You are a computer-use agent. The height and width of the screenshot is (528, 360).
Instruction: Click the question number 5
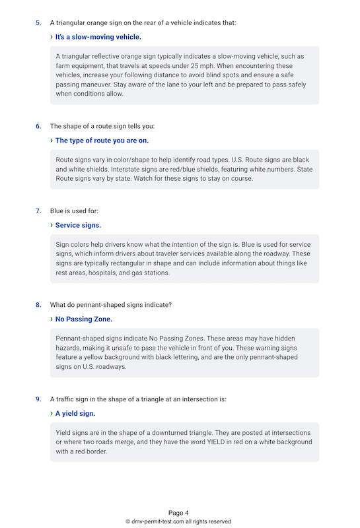click(38, 23)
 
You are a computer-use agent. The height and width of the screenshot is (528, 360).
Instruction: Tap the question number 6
click(38, 126)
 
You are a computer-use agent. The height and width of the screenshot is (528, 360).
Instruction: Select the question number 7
click(38, 211)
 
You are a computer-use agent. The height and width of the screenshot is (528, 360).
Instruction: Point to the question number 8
click(38, 305)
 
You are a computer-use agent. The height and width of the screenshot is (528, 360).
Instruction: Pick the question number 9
click(38, 399)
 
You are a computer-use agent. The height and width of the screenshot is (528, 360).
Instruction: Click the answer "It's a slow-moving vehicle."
click(98, 37)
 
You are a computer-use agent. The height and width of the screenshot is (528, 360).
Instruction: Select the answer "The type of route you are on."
click(102, 140)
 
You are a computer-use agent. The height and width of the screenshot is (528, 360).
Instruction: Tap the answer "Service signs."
click(78, 225)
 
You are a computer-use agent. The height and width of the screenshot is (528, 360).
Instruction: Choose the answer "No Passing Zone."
click(84, 319)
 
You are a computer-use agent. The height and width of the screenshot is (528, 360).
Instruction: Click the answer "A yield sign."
click(75, 413)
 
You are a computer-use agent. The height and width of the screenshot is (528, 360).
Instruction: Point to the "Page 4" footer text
click(178, 513)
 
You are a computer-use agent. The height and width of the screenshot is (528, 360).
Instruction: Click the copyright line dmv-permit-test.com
click(178, 521)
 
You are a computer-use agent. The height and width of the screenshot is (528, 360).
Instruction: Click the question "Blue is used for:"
click(75, 211)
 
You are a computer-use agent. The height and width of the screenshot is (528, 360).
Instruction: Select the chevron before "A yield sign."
click(52, 413)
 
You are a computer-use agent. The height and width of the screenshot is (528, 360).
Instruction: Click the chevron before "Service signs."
click(52, 225)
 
